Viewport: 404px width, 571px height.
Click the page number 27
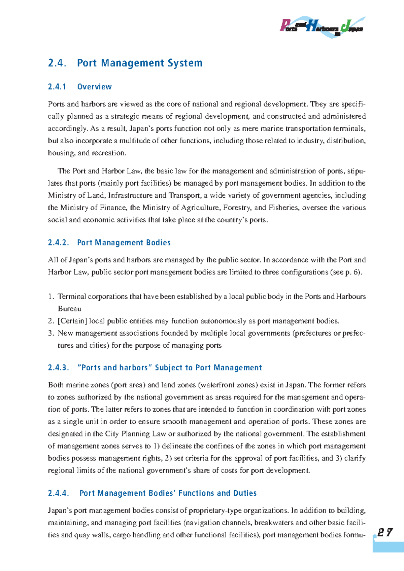click(385, 533)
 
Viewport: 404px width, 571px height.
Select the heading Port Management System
click(140, 63)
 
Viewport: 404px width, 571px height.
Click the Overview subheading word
click(94, 87)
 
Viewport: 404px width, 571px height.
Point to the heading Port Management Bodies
click(124, 243)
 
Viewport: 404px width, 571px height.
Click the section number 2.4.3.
click(58, 368)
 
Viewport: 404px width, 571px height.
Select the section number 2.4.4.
click(58, 493)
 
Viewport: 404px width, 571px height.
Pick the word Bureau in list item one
click(69, 309)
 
